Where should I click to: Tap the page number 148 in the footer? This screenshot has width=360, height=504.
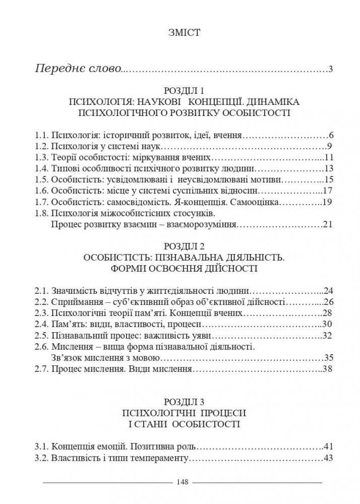(183, 482)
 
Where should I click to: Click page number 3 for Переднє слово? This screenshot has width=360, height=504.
(331, 69)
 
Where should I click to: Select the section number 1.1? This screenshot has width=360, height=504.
(41, 136)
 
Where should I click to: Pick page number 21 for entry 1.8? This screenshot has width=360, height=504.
(328, 224)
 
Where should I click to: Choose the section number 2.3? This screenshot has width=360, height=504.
(41, 313)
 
